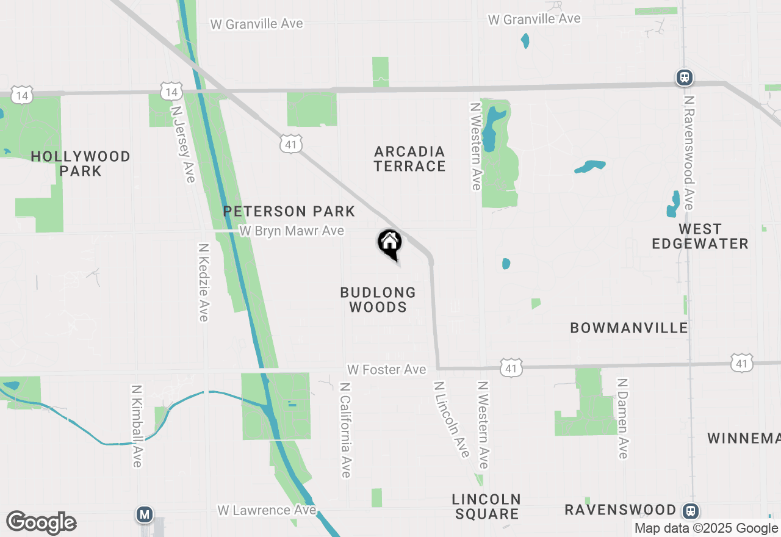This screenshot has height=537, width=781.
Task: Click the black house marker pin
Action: pos(389,244)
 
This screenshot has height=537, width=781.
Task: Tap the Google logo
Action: pos(41,522)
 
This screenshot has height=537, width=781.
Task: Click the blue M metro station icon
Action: pos(145,515)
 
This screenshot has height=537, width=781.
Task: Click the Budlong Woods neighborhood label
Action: pos(378,300)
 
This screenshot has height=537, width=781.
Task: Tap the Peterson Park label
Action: pos(289,212)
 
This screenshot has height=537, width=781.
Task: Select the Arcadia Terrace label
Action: pos(410,159)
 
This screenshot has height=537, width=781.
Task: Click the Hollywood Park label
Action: pos(81,164)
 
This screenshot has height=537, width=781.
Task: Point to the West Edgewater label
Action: pos(700,236)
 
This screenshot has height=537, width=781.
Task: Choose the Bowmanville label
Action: pos(629,328)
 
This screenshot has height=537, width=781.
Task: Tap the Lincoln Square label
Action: pos(486,506)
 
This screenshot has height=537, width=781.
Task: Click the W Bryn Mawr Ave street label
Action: pos(292,231)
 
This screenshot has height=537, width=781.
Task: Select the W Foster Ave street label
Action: pos(386,370)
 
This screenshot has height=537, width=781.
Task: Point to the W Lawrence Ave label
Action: pos(267,510)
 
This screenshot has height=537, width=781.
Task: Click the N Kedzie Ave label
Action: pos(204,283)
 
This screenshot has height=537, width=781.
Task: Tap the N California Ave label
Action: pos(345,430)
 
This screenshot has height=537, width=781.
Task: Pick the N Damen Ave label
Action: pos(622,418)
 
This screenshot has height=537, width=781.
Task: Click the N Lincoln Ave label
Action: pos(452,419)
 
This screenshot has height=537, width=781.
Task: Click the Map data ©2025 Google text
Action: pos(706,528)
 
